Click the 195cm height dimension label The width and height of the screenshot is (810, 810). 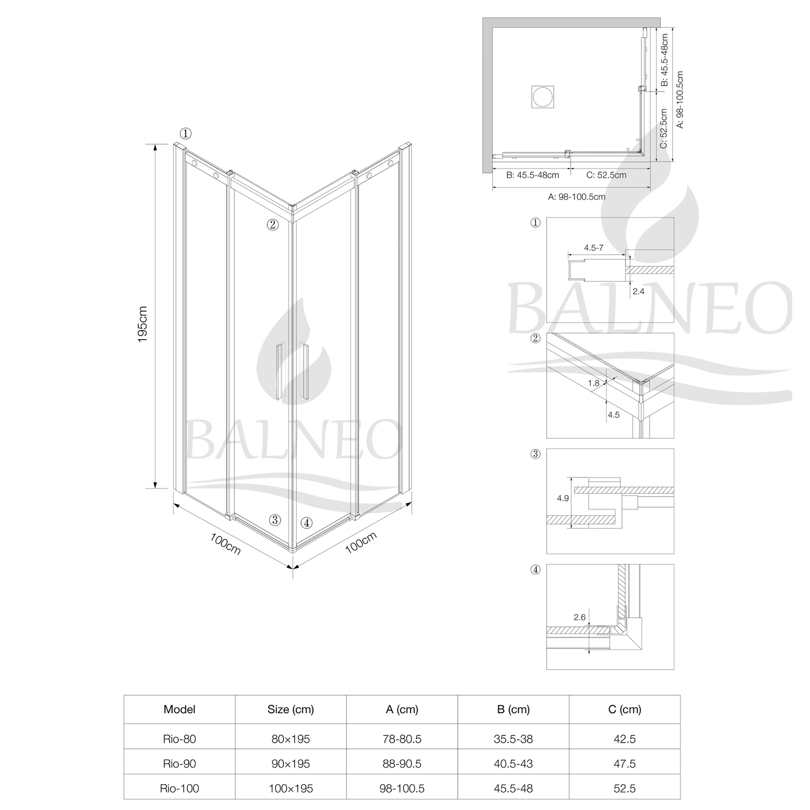click(142, 325)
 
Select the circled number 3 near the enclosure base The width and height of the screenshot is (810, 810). click(275, 519)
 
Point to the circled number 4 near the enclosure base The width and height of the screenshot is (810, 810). click(306, 523)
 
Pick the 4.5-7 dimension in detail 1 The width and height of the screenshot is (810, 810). click(593, 248)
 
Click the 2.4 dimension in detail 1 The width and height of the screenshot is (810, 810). click(638, 291)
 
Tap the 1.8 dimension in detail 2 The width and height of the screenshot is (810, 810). click(594, 383)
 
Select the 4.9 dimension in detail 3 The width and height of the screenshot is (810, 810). click(563, 498)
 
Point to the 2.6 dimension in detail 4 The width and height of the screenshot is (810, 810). click(580, 617)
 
